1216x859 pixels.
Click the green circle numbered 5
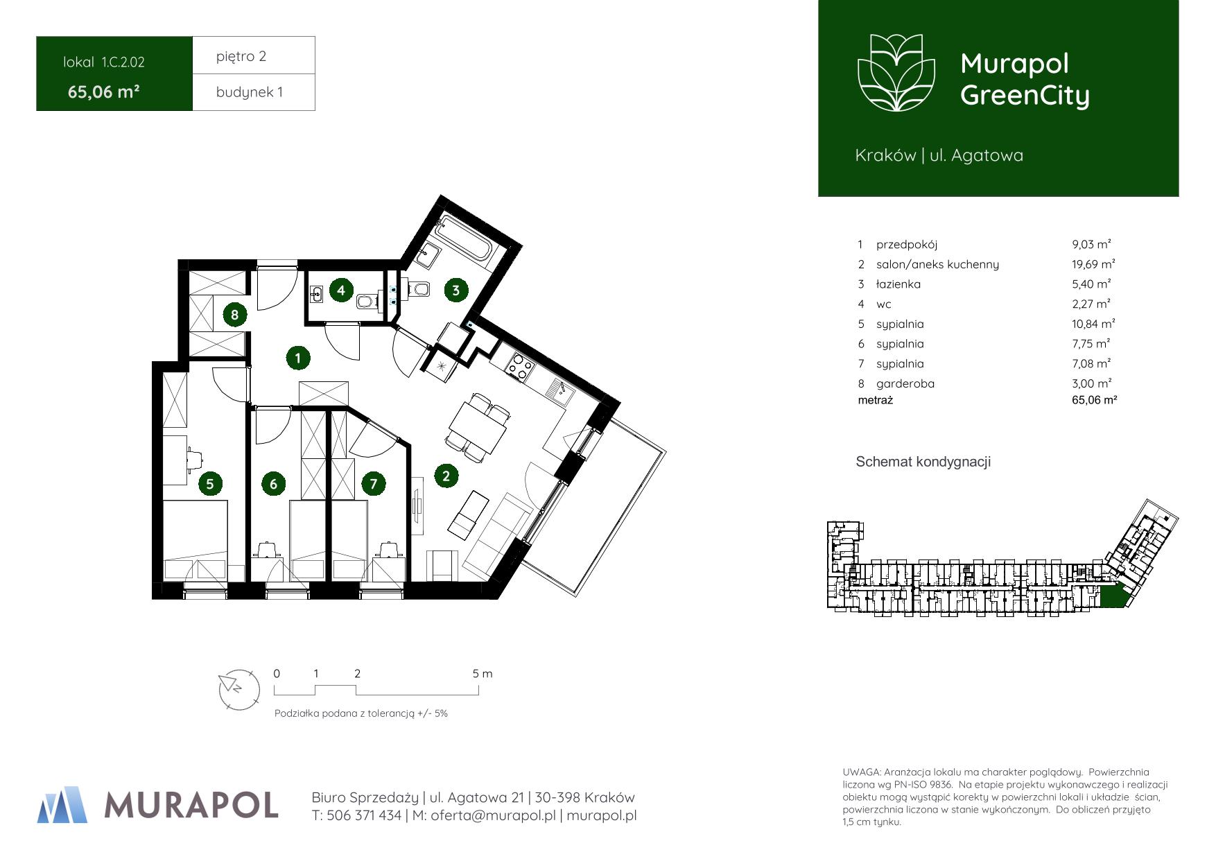pyautogui.click(x=210, y=483)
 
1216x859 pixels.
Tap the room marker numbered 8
pyautogui.click(x=234, y=315)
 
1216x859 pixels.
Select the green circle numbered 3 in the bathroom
pyautogui.click(x=455, y=290)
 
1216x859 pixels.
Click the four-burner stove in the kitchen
pyautogui.click(x=521, y=367)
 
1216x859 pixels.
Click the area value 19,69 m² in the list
pyautogui.click(x=1093, y=263)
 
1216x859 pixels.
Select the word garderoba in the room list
pyautogui.click(x=905, y=383)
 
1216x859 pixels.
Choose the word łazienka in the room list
pyautogui.click(x=898, y=284)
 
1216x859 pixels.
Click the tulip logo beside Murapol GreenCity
pyautogui.click(x=896, y=72)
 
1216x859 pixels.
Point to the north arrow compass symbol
pyautogui.click(x=238, y=689)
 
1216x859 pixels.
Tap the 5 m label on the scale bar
pyautogui.click(x=483, y=673)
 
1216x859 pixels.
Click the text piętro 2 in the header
pyautogui.click(x=241, y=56)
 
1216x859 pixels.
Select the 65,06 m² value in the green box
pyautogui.click(x=104, y=92)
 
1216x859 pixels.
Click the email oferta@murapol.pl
pyautogui.click(x=493, y=815)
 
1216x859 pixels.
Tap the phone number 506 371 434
pyautogui.click(x=363, y=815)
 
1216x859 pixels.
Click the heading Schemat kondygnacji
pyautogui.click(x=923, y=462)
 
